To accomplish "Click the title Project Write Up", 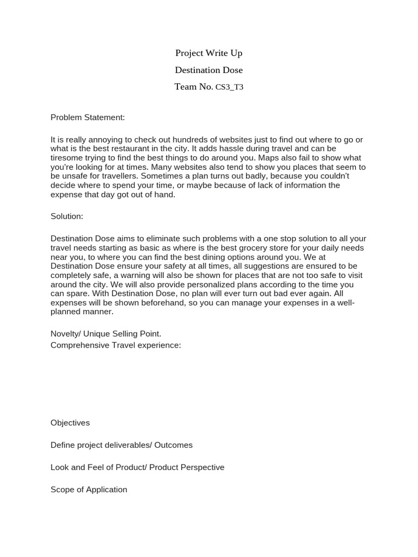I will click(x=208, y=53).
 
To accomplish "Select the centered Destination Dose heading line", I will click(x=208, y=70).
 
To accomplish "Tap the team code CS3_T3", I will click(x=229, y=87).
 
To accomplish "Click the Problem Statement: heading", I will click(x=88, y=117).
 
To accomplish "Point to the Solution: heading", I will click(x=67, y=216).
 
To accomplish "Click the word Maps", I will click(x=262, y=158).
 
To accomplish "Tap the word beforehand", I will click(x=153, y=303).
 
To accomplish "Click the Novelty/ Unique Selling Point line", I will click(x=106, y=333).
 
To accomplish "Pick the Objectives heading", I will click(x=70, y=423).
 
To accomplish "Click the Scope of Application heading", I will click(x=89, y=490).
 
